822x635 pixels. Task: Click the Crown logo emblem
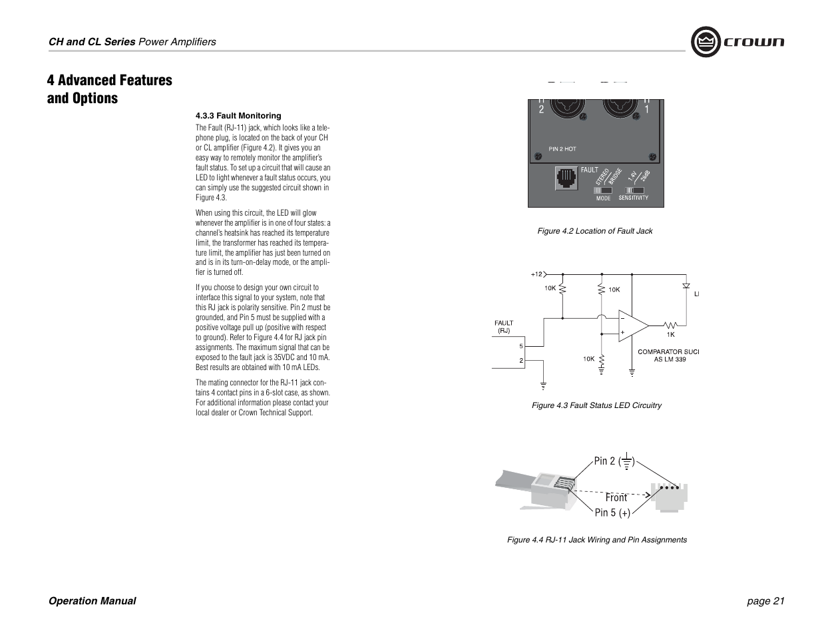[x=706, y=42]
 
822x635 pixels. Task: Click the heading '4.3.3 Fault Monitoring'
[x=238, y=116]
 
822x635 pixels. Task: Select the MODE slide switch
[x=603, y=190]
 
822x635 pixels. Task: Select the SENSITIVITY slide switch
[x=634, y=190]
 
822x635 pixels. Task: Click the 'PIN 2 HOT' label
[x=562, y=148]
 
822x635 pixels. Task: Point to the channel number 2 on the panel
[x=541, y=110]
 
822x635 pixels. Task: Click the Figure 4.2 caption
[x=594, y=231]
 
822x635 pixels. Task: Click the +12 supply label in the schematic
[x=536, y=274]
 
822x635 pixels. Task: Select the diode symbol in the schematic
[x=686, y=286]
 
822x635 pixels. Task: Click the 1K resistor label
[x=671, y=335]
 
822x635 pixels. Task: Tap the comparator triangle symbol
[x=632, y=325]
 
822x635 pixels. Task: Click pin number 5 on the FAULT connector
[x=521, y=346]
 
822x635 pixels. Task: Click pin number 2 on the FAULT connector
[x=521, y=361]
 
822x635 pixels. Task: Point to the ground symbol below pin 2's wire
[x=544, y=385]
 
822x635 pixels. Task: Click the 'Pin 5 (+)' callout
[x=612, y=513]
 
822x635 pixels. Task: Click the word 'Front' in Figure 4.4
[x=616, y=497]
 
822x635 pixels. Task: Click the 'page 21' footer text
[x=765, y=601]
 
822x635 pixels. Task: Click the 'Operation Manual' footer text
[x=92, y=601]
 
